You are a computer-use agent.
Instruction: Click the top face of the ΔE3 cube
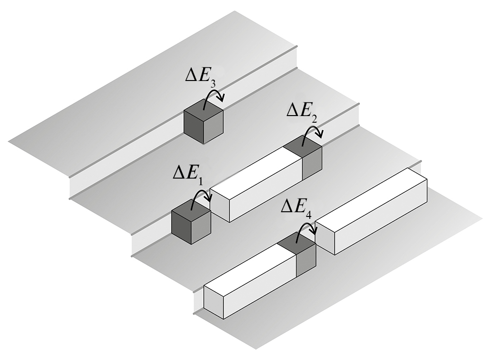(204, 113)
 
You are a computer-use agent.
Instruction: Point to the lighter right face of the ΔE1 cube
(201, 230)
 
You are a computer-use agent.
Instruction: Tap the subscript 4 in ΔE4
(308, 214)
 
